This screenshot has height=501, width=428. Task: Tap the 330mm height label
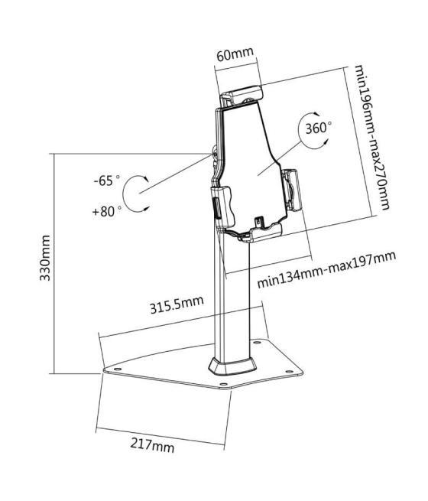click(44, 258)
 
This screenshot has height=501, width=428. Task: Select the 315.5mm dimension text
click(177, 304)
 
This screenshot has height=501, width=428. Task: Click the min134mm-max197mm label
click(326, 269)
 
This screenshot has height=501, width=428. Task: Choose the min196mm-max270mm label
click(372, 138)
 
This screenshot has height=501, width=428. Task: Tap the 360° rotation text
click(318, 129)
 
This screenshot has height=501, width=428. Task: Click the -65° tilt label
click(107, 181)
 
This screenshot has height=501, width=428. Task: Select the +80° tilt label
click(106, 211)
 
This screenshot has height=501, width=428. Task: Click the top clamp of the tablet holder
click(242, 95)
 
